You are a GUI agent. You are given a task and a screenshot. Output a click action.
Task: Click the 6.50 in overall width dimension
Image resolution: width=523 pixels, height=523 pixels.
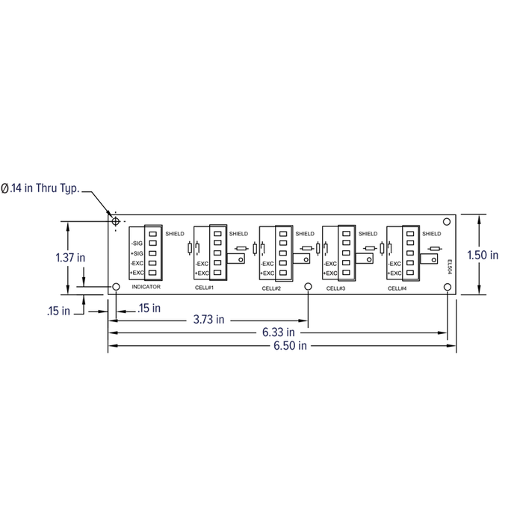290,345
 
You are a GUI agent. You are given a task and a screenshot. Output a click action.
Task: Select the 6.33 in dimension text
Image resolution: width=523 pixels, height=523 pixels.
279,332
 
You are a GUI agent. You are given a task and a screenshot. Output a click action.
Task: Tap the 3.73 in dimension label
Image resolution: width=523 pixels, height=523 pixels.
208,320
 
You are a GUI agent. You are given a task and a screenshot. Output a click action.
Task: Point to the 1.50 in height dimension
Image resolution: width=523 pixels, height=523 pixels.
483,256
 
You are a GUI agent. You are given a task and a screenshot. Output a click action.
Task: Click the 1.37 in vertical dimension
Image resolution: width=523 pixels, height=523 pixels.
70,258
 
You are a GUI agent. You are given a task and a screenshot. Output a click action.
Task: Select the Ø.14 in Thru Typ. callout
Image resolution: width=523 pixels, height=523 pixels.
40,188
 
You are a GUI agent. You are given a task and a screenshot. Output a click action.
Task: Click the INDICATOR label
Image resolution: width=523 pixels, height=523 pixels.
146,287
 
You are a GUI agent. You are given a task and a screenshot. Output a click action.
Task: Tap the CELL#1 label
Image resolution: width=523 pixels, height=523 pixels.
204,288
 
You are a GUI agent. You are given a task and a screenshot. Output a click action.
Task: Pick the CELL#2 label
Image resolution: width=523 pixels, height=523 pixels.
271,288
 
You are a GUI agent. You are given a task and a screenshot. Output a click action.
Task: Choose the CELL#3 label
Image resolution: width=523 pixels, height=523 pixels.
335,288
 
